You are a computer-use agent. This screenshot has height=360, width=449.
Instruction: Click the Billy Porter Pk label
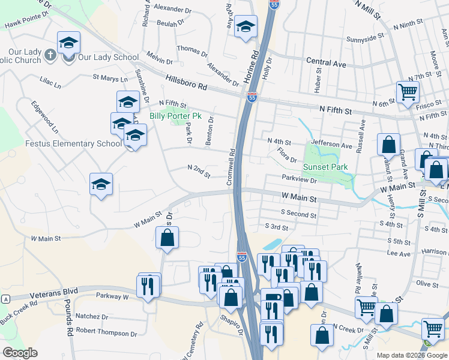point(175,115)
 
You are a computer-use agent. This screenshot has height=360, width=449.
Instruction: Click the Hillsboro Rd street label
point(185,85)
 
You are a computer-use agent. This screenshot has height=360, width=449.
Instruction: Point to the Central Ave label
point(326,62)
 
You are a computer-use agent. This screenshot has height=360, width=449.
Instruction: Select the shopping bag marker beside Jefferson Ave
point(388,145)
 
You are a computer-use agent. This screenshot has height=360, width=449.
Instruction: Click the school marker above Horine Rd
point(245,27)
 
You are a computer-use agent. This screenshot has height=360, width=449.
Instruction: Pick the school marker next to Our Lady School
point(68,43)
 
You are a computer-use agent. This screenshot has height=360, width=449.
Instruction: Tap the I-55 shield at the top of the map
point(274,4)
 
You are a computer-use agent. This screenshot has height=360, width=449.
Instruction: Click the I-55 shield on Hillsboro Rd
point(252,97)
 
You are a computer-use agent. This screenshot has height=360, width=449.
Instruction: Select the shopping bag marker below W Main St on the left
point(167,238)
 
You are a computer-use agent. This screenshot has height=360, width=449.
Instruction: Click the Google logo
point(20,353)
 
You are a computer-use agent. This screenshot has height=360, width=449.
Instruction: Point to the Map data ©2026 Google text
point(412,355)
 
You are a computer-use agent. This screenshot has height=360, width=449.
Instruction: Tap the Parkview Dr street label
point(299,179)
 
